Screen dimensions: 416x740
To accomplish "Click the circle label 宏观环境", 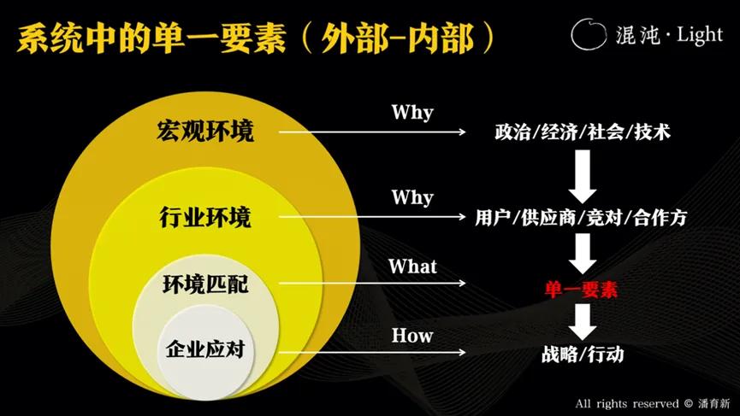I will [x=205, y=132].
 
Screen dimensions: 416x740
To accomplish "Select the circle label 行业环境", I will [x=205, y=217].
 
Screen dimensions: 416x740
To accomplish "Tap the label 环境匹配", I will [x=205, y=284].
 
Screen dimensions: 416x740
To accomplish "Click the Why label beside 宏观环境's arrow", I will [x=412, y=112].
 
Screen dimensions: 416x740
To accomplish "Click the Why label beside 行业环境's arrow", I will [x=412, y=197].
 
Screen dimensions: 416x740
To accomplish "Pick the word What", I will [x=412, y=267].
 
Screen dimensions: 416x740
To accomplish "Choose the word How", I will [x=412, y=335].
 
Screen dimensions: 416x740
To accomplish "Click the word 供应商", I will [x=548, y=218].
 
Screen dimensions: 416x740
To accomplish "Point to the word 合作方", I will [x=660, y=218].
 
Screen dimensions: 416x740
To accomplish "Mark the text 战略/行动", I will [x=582, y=354].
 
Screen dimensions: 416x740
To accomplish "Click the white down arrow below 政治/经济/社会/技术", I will [x=583, y=174].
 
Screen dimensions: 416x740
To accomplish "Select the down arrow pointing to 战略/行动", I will [x=583, y=320].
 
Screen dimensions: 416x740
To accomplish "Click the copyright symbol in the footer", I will [x=688, y=402].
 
